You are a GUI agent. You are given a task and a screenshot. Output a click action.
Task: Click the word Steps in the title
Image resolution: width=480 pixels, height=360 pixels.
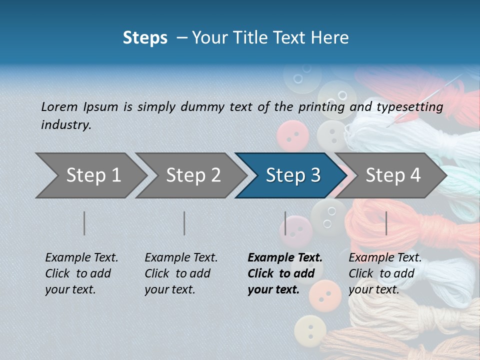pos(145,38)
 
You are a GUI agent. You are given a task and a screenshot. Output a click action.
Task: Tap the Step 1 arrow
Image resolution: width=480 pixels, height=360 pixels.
pos(93,175)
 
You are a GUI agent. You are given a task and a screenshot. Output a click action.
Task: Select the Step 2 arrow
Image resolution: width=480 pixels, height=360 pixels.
pos(193,175)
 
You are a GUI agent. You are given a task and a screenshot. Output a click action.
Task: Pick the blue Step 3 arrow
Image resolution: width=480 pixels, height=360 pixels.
pos(293,175)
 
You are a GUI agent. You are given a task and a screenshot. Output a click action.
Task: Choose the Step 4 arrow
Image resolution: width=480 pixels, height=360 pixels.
pos(393,175)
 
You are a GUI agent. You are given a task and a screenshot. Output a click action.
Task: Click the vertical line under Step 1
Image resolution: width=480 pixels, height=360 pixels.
pos(84,223)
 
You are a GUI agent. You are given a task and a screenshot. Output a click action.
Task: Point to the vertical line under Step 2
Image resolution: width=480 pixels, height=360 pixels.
pos(184,223)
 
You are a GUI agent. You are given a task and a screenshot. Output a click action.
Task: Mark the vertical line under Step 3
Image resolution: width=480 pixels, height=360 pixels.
pos(285,223)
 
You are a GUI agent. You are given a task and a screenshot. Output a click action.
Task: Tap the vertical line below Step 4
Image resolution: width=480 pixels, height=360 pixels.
pos(386,223)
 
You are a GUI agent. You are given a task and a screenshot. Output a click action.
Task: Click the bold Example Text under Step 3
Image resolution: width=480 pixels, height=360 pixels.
pos(285,273)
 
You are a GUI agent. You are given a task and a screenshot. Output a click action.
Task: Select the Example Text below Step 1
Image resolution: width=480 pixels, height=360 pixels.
pos(81,273)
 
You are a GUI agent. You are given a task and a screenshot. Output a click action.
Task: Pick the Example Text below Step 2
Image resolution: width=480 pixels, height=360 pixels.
pos(181,273)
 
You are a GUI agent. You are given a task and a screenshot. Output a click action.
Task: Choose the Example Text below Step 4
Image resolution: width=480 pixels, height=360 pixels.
pos(385,273)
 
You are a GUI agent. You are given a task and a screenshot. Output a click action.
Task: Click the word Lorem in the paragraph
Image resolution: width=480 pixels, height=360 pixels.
pos(59,106)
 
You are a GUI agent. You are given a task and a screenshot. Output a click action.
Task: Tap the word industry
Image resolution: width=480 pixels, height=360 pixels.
pos(66,125)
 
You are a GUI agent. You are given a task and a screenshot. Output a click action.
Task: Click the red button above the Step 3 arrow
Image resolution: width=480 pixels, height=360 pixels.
pos(292,135)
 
